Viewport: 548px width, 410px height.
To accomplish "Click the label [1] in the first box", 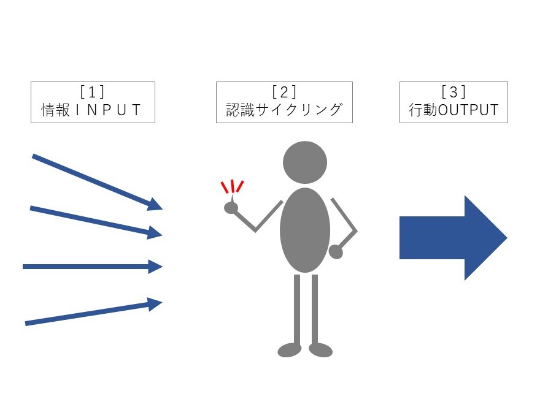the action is coord(92,92).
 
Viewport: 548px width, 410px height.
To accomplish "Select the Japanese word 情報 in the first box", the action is coord(56,110).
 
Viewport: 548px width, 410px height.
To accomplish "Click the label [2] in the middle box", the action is coord(284,92).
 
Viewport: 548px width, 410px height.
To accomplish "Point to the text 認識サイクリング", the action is coord(284,110).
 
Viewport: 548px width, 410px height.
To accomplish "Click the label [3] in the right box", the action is coord(453,92).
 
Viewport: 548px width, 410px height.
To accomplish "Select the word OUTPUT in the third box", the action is coord(468,110).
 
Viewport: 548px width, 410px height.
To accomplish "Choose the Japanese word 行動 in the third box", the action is coord(423,110).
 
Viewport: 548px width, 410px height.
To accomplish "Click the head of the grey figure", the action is coord(305,162).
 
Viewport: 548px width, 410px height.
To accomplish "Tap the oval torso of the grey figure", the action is coord(305,230).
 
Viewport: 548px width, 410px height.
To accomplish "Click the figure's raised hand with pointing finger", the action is coord(231,206).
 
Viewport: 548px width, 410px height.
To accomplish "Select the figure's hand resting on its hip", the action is coord(336,252).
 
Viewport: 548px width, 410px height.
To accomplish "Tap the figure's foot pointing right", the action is coord(320,350).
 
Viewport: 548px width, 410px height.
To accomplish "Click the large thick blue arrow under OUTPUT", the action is coord(453,238).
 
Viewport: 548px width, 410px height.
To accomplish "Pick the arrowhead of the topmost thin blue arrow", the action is coord(155,205).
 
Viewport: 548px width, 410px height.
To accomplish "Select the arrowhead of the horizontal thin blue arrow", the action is coord(155,267).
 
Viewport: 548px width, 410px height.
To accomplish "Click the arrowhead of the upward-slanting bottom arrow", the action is coord(155,304).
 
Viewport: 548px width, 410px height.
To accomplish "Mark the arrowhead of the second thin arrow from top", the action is coord(155,232).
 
